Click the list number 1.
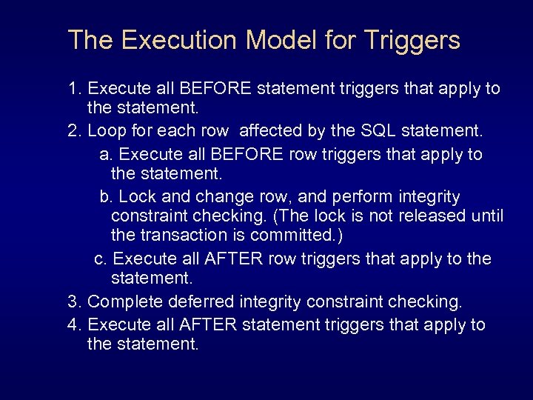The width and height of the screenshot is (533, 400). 73,89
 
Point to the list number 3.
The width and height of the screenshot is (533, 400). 73,301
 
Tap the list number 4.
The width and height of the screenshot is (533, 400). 73,324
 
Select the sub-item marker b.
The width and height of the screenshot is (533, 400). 105,197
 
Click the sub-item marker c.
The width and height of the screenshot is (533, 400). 101,259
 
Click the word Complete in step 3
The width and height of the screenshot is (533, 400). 124,301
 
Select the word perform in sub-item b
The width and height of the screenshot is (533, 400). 363,197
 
